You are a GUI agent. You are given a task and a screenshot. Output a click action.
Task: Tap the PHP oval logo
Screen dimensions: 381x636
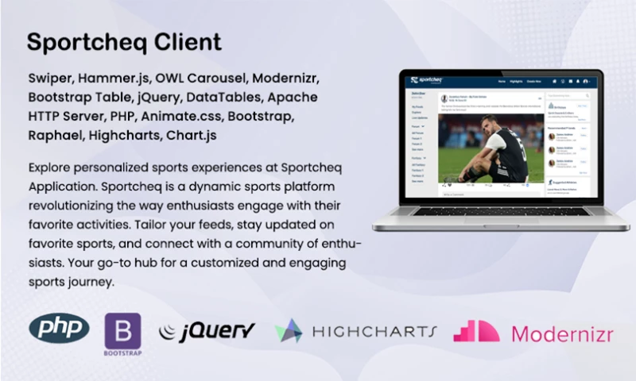click(59, 328)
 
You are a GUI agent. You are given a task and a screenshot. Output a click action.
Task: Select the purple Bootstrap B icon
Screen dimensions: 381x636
click(122, 329)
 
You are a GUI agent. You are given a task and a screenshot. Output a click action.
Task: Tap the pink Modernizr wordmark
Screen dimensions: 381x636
click(562, 333)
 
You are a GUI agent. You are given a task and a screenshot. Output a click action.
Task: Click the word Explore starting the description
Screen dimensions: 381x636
click(50, 168)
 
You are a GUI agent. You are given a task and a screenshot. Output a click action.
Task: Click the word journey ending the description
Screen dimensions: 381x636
click(95, 282)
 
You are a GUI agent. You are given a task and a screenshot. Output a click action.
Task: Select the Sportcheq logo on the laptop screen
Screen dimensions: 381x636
click(426, 80)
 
